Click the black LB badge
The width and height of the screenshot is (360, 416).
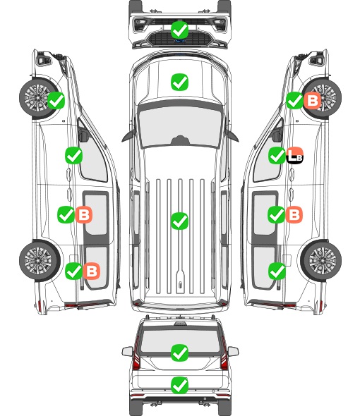click(295, 155)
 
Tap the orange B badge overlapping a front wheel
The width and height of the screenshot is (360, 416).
click(312, 100)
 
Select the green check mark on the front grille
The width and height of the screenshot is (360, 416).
click(179, 30)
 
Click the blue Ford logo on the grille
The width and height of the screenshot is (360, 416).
click(180, 41)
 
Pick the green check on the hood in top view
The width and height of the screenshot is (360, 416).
click(179, 82)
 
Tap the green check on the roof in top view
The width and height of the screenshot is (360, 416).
click(179, 221)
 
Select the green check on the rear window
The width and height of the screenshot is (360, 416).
click(179, 353)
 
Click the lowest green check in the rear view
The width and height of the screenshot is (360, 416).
click(179, 385)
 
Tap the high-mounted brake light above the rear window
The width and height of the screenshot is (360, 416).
click(180, 323)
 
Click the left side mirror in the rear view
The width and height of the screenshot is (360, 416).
click(127, 351)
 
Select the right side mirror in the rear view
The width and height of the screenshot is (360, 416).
click(233, 351)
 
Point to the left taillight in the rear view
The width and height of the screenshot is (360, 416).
click(136, 354)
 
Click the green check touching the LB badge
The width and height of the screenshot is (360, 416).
click(277, 155)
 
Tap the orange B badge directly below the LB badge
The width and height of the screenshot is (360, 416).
click(294, 214)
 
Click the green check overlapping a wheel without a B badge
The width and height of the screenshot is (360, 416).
click(56, 100)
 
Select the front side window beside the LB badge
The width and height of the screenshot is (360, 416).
click(267, 157)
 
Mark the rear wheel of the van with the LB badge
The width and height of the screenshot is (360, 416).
click(321, 260)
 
